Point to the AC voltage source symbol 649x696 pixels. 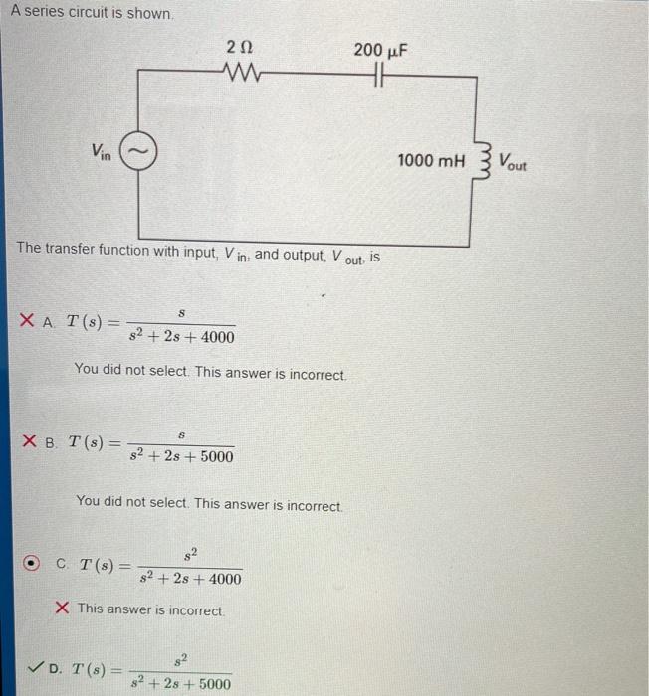136,151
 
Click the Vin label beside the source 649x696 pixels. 101,151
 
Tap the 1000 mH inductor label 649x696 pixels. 431,160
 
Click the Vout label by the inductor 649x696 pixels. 514,161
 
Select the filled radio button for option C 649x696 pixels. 32,564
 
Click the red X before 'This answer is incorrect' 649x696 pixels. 62,609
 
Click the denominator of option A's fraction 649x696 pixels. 183,337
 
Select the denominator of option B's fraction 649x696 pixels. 182,456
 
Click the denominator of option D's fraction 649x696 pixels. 182,684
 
